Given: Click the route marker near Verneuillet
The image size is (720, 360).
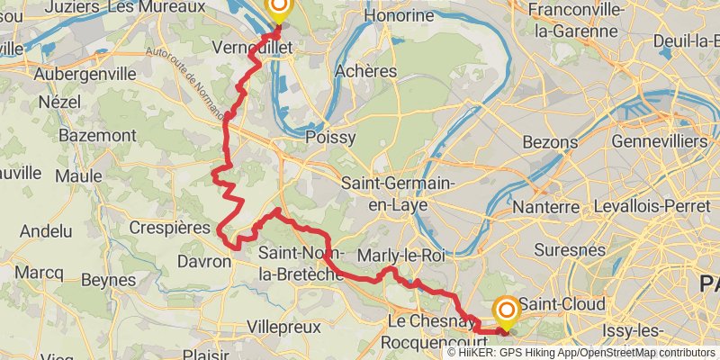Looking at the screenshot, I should pyautogui.click(x=278, y=9).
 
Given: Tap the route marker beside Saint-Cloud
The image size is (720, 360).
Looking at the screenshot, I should pyautogui.click(x=507, y=311).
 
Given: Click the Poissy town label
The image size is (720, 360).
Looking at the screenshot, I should pyautogui.click(x=330, y=138).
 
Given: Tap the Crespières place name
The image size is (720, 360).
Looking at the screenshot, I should pyautogui.click(x=169, y=227).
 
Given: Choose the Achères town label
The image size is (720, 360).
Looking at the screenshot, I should pyautogui.click(x=365, y=70).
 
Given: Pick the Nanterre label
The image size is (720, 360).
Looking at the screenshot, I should pyautogui.click(x=545, y=207).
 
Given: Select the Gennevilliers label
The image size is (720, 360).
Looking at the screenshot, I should pyautogui.click(x=659, y=142).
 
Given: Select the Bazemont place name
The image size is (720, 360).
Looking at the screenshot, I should pyautogui.click(x=96, y=135).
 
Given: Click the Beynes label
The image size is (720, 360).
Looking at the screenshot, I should pyautogui.click(x=108, y=280).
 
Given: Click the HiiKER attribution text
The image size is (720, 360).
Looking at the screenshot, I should pyautogui.click(x=586, y=353).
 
